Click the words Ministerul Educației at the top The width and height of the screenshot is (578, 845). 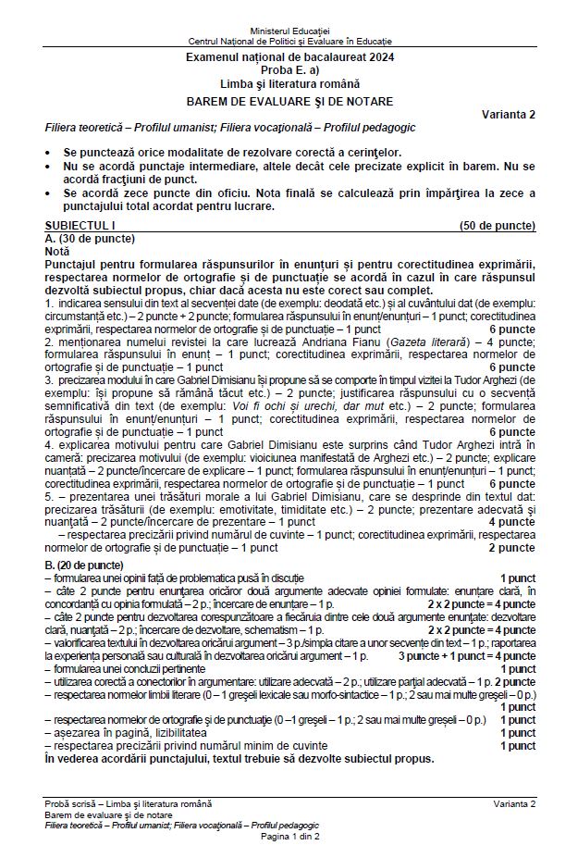point(289,32)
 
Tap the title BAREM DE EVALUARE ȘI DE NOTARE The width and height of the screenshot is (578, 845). point(289,101)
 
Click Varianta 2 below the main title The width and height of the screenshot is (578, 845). point(508,114)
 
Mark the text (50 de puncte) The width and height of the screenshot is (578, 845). point(498,226)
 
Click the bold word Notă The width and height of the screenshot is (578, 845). point(56,251)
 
